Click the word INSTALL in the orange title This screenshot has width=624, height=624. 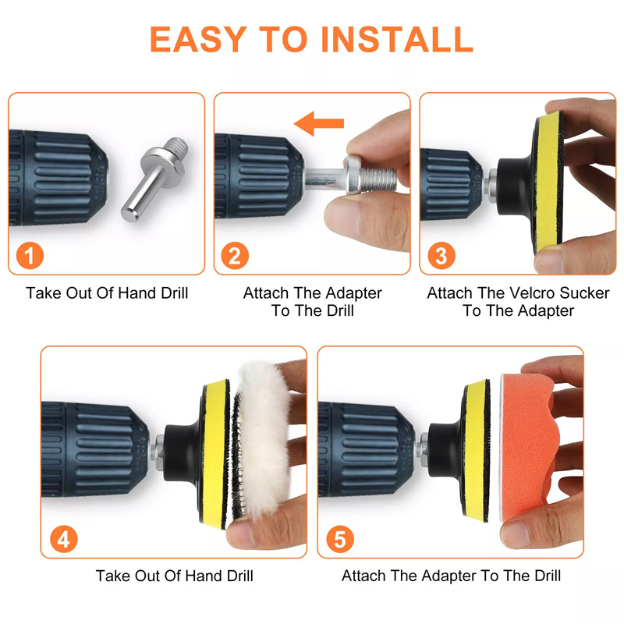(x=397, y=40)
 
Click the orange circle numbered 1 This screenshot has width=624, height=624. (x=30, y=256)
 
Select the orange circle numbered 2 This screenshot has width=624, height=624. (x=235, y=256)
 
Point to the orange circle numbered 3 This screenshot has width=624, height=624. (x=441, y=256)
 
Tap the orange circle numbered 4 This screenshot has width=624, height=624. (x=64, y=539)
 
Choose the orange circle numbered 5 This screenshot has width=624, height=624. (x=340, y=539)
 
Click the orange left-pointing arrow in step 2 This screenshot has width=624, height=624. (x=319, y=123)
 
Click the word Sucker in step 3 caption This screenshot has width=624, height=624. (x=584, y=293)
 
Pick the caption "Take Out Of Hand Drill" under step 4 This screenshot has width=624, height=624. (x=174, y=576)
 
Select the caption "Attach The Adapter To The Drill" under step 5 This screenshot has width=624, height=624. (x=452, y=576)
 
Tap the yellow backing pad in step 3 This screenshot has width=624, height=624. (x=548, y=183)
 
